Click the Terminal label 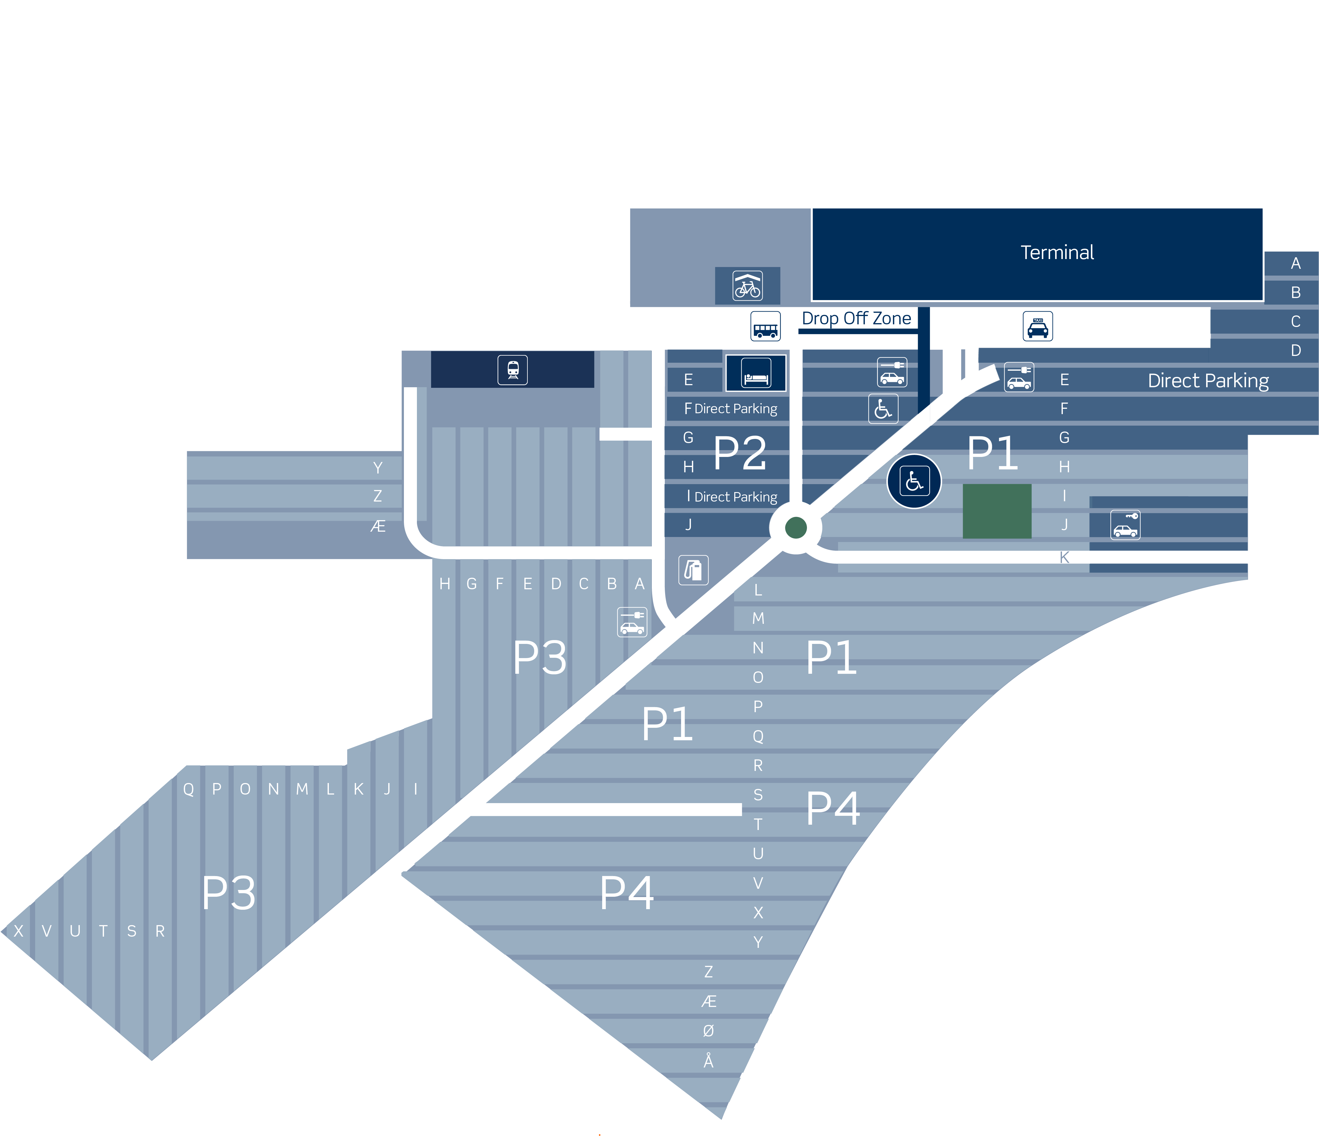pyautogui.click(x=1057, y=253)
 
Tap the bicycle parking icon pyautogui.click(x=747, y=286)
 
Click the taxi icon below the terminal pyautogui.click(x=1038, y=326)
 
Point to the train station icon pyautogui.click(x=512, y=370)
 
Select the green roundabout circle pyautogui.click(x=796, y=528)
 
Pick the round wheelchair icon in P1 pyautogui.click(x=914, y=481)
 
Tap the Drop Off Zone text pyautogui.click(x=856, y=318)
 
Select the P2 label pyautogui.click(x=740, y=453)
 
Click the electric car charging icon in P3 pyautogui.click(x=632, y=622)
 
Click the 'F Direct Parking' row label pyautogui.click(x=731, y=408)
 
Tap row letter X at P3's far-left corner pyautogui.click(x=18, y=931)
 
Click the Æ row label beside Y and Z pyautogui.click(x=378, y=526)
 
